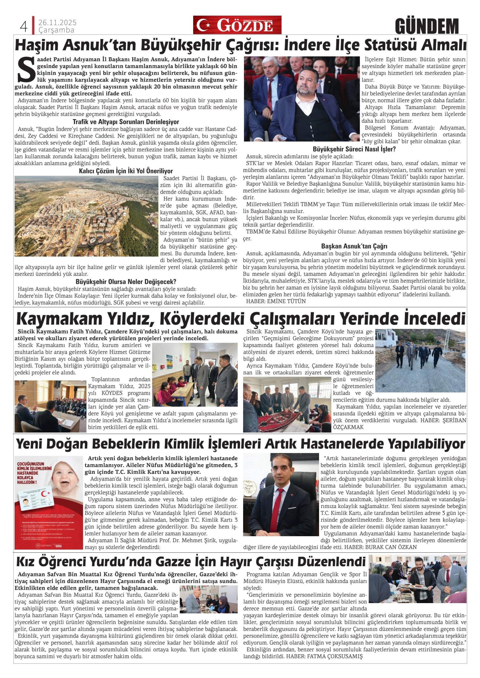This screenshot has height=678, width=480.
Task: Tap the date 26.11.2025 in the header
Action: (57, 22)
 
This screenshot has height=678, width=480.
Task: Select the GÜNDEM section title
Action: (427, 26)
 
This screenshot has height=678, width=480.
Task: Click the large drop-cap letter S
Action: (26, 71)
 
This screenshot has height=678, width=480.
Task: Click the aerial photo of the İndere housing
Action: (86, 216)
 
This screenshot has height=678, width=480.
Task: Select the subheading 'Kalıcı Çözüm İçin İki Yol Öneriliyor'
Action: (126, 171)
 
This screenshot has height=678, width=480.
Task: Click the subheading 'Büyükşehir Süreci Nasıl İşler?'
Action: (354, 149)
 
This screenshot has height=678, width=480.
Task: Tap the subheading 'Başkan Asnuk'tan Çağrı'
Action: (354, 246)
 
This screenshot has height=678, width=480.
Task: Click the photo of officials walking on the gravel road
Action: (420, 360)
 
